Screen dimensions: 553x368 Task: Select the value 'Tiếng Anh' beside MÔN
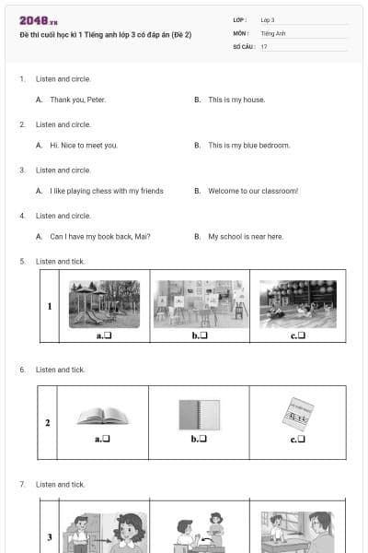[273, 32]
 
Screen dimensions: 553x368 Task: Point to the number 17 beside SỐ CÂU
[264, 46]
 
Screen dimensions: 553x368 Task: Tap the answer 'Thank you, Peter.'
[77, 100]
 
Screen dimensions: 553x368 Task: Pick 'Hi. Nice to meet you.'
[84, 146]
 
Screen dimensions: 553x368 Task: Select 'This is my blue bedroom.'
[248, 146]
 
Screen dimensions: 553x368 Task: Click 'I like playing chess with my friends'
[106, 191]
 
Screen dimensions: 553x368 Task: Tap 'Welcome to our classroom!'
[253, 191]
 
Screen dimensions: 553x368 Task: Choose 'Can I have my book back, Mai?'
[99, 237]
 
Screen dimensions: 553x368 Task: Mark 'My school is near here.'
[246, 237]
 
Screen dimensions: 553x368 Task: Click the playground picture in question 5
[104, 304]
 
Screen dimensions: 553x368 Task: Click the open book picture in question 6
[103, 416]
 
